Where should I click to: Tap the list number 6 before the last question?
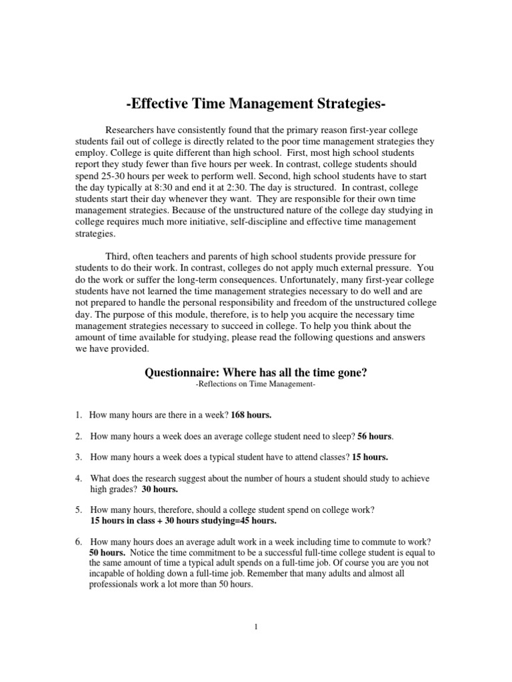(x=77, y=541)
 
